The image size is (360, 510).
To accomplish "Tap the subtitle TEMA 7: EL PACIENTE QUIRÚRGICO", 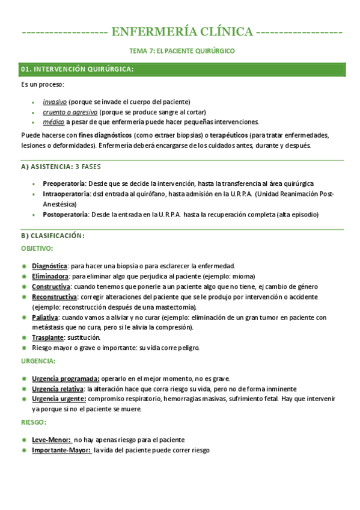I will (x=182, y=51).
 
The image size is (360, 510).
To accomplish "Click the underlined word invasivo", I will (x=55, y=102).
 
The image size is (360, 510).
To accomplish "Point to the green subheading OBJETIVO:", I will (x=37, y=248).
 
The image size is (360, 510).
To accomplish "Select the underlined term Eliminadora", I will (x=50, y=276).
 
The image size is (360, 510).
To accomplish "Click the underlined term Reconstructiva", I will (x=54, y=296).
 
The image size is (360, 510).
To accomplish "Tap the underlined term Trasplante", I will (x=47, y=337).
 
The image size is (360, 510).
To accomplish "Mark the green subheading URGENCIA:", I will (x=38, y=361).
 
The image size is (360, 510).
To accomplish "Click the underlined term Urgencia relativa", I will (x=58, y=389).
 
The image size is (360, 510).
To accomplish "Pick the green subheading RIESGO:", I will (x=34, y=422).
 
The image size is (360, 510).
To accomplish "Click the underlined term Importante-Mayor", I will (x=61, y=450).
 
